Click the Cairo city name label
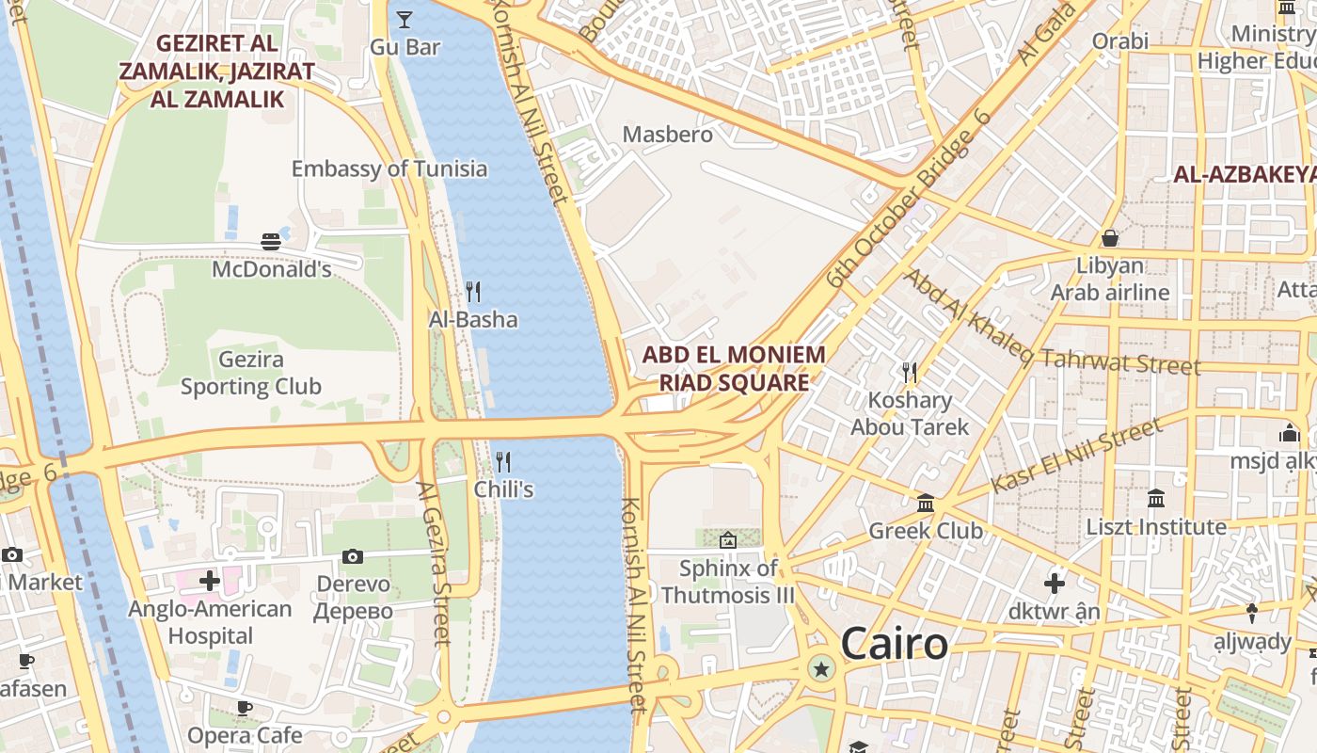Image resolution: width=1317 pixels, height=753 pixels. [x=894, y=645]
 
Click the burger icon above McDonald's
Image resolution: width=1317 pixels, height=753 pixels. [x=271, y=242]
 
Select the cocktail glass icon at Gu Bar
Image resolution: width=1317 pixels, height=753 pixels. [x=405, y=19]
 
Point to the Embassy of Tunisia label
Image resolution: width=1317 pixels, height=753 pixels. [x=389, y=169]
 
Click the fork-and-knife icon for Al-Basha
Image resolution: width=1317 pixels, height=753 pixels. [x=473, y=292]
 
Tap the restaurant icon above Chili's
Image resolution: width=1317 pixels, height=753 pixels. [x=503, y=461]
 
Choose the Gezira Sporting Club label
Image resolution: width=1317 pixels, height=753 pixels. [x=250, y=373]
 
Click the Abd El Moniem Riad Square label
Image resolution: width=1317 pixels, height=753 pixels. [x=734, y=369]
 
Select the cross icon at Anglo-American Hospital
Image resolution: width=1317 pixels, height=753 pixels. [x=210, y=581]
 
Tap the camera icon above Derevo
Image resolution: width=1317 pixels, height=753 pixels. [x=353, y=556]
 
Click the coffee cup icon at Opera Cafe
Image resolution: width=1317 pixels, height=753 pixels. [x=245, y=708]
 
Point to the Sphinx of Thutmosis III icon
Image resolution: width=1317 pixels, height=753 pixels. [x=727, y=540]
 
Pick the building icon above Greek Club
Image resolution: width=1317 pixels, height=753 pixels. [x=926, y=503]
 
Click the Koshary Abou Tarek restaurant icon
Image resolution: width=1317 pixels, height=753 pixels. [x=909, y=373]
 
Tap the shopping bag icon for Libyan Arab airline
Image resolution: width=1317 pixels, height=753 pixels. [x=1110, y=238]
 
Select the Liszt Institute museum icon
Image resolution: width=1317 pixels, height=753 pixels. [x=1156, y=498]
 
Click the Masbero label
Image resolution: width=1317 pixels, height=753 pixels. [x=668, y=135]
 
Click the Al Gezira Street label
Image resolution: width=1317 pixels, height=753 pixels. [x=435, y=563]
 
